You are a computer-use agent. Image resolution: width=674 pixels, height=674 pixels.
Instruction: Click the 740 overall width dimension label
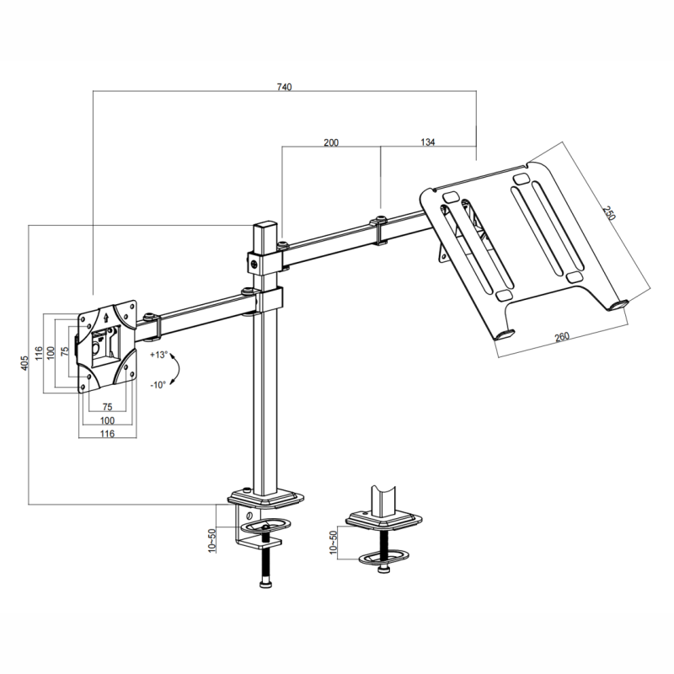[x=284, y=87]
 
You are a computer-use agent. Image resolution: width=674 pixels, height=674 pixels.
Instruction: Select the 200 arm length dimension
[x=331, y=142]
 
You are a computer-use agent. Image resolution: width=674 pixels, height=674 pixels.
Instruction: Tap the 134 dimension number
[x=428, y=142]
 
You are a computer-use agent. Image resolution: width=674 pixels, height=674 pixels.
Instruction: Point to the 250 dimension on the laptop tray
[x=608, y=213]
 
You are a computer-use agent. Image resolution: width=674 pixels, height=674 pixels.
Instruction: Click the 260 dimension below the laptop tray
[x=562, y=337]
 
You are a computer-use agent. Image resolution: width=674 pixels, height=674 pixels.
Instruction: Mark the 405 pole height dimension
[x=24, y=363]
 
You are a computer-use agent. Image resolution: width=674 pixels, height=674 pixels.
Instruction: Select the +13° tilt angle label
[x=158, y=355]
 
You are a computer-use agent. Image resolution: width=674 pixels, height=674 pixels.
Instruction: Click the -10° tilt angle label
[x=158, y=385]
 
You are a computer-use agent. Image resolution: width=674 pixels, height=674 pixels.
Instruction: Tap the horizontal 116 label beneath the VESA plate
[x=107, y=434]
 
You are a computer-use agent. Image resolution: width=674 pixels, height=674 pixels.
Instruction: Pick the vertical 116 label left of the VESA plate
[x=39, y=353]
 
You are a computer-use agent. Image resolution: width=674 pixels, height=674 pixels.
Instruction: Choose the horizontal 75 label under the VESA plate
[x=108, y=407]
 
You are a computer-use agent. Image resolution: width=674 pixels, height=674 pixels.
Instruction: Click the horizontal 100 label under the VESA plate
[x=108, y=420]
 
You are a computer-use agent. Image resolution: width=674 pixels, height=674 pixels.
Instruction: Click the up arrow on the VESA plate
[x=107, y=317]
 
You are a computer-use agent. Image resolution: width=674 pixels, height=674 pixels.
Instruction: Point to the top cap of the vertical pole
[x=265, y=225]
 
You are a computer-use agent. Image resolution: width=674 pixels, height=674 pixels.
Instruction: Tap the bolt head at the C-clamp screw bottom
[x=265, y=584]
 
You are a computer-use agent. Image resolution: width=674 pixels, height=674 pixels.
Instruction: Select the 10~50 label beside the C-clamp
[x=211, y=540]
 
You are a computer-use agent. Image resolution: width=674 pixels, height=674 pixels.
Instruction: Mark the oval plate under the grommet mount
[x=384, y=558]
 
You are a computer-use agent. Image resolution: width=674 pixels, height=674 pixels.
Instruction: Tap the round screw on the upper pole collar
[x=255, y=265]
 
